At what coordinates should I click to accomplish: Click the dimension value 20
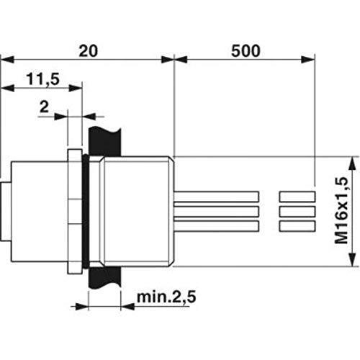pyautogui.click(x=89, y=51)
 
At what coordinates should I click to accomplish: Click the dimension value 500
pyautogui.click(x=246, y=51)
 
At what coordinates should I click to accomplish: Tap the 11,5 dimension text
pyautogui.click(x=42, y=79)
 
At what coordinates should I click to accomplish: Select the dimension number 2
pyautogui.click(x=44, y=107)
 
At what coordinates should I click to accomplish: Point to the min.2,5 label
pyautogui.click(x=166, y=297)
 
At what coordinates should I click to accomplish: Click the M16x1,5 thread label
pyautogui.click(x=341, y=210)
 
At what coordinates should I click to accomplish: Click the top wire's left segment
pyautogui.click(x=217, y=197)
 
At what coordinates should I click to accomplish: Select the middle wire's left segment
pyautogui.click(x=217, y=212)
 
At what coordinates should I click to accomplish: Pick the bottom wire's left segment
pyautogui.click(x=217, y=226)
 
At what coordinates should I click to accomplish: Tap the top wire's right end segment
pyautogui.click(x=297, y=197)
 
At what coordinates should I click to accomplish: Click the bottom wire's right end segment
pyautogui.click(x=297, y=226)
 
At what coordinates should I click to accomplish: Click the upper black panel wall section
pyautogui.click(x=104, y=142)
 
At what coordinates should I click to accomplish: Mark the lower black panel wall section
pyautogui.click(x=104, y=278)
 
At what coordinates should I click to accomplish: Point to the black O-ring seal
pyautogui.click(x=85, y=211)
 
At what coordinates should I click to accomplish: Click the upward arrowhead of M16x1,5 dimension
pyautogui.click(x=352, y=163)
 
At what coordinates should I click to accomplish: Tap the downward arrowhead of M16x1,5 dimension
pyautogui.click(x=352, y=259)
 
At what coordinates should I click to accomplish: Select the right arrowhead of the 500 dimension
pyautogui.click(x=307, y=60)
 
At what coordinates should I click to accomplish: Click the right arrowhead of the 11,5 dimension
pyautogui.click(x=76, y=88)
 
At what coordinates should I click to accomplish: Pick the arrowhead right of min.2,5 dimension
pyautogui.click(x=127, y=307)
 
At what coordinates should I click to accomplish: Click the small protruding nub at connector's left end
pyautogui.click(x=5, y=212)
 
